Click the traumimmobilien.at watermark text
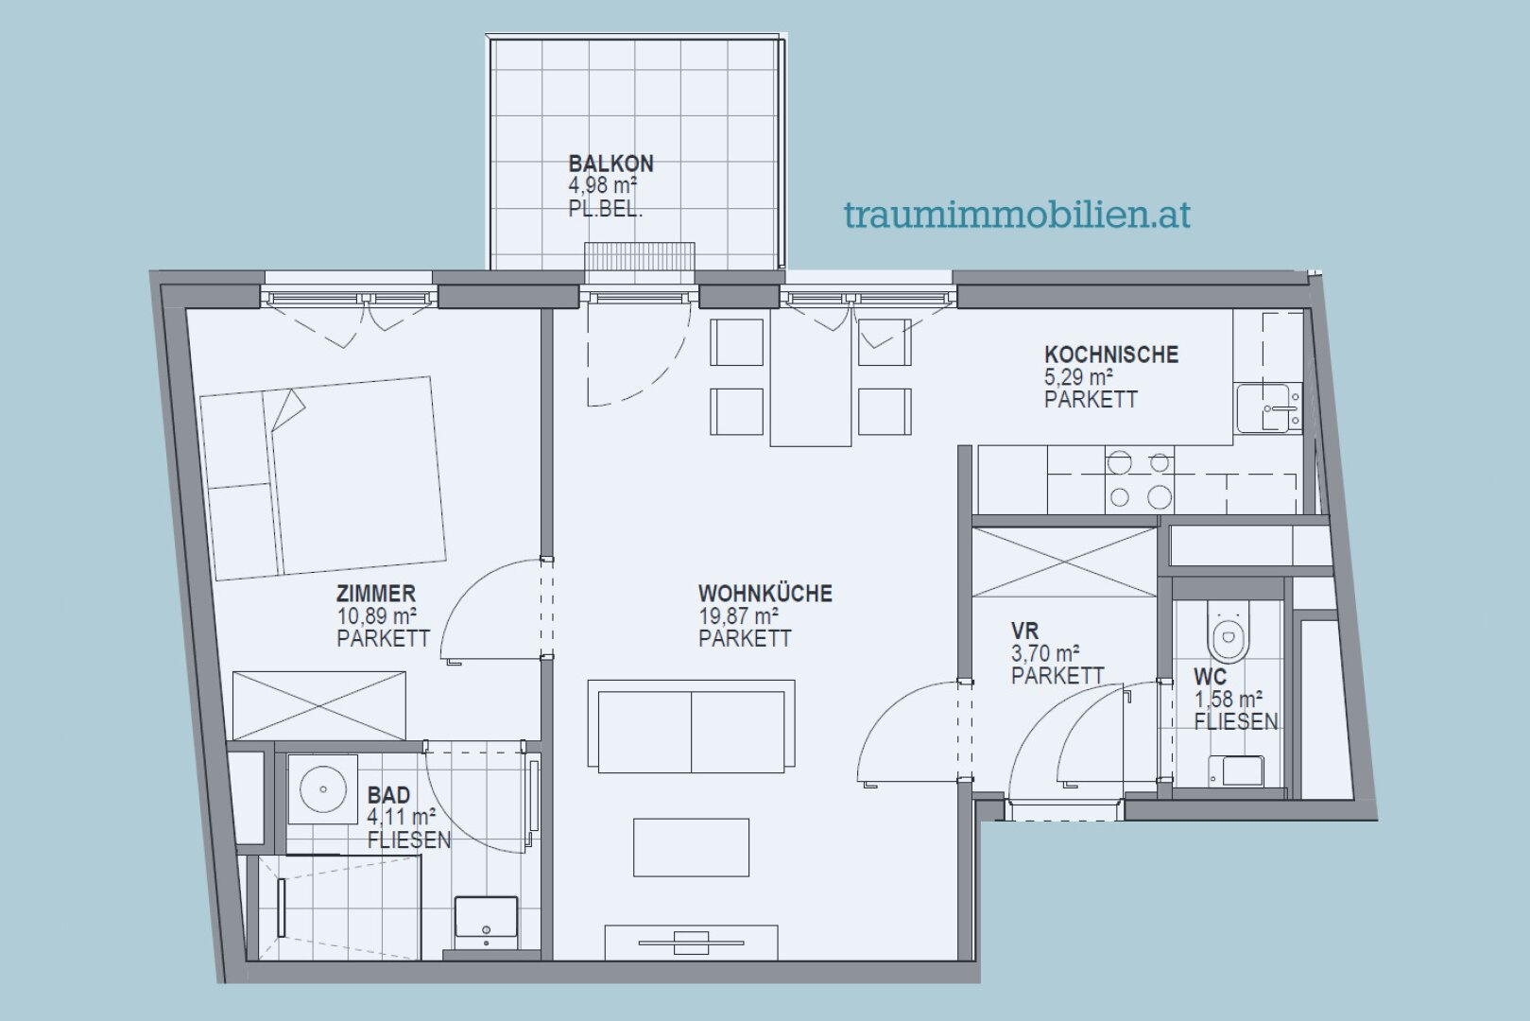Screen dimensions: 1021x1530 tap(1017, 215)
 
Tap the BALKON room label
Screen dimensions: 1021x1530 tap(610, 163)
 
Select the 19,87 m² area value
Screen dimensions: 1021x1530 tap(738, 616)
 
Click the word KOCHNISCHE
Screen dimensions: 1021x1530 tap(1110, 355)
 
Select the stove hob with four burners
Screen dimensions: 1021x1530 tap(1139, 480)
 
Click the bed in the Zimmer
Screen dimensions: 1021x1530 tap(321, 478)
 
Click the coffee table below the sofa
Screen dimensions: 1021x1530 tap(691, 847)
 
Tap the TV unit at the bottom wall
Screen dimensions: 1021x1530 tap(691, 941)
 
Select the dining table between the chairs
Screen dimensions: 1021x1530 tap(811, 378)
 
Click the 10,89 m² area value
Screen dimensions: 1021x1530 tap(376, 616)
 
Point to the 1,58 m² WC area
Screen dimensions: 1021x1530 tap(1229, 700)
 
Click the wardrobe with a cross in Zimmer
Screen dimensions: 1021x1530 tap(318, 705)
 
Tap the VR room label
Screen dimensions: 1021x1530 tap(1024, 631)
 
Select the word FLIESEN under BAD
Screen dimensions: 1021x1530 tap(408, 839)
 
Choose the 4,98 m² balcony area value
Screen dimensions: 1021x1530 tap(602, 186)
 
